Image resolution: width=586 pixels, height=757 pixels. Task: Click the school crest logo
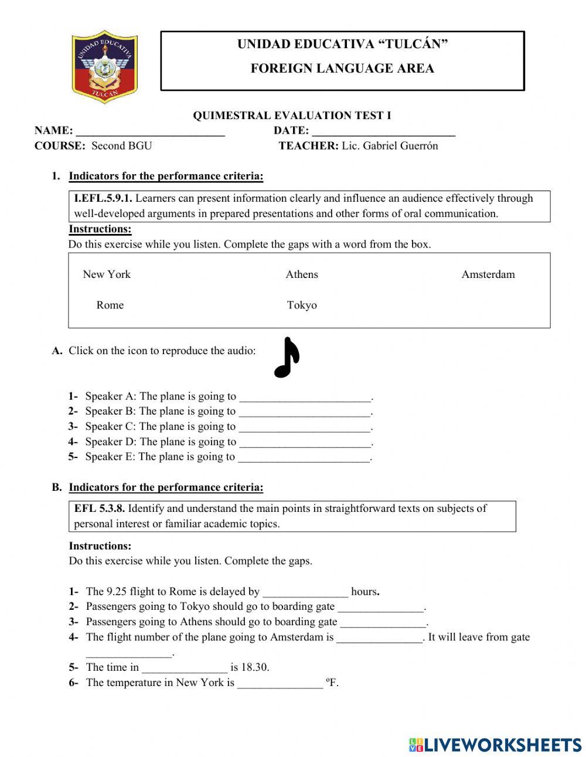click(104, 66)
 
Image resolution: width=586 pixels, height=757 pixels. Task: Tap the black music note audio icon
click(287, 358)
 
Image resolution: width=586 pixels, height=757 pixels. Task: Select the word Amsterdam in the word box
click(488, 274)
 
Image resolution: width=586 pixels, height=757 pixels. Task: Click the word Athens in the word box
click(302, 274)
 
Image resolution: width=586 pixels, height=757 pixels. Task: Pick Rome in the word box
click(110, 305)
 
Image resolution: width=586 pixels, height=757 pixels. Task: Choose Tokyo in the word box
click(302, 305)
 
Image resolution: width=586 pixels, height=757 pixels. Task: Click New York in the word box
click(107, 274)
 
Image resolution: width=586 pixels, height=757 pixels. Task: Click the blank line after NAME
click(151, 131)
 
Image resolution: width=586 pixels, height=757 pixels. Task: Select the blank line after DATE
click(383, 131)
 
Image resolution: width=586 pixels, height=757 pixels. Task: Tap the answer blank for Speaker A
click(305, 397)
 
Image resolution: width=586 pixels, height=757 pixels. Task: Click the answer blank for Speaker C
click(305, 427)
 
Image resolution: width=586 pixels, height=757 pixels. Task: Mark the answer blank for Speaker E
click(304, 457)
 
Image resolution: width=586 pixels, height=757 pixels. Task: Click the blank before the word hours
click(305, 592)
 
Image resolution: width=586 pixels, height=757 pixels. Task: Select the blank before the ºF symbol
click(280, 683)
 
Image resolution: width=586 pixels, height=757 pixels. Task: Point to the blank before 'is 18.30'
click(185, 668)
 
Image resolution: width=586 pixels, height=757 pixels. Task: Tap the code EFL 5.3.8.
click(99, 508)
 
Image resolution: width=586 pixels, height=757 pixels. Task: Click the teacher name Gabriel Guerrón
click(400, 146)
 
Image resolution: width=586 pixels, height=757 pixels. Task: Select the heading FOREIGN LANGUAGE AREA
click(342, 69)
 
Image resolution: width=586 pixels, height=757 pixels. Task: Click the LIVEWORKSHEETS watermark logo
click(495, 744)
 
